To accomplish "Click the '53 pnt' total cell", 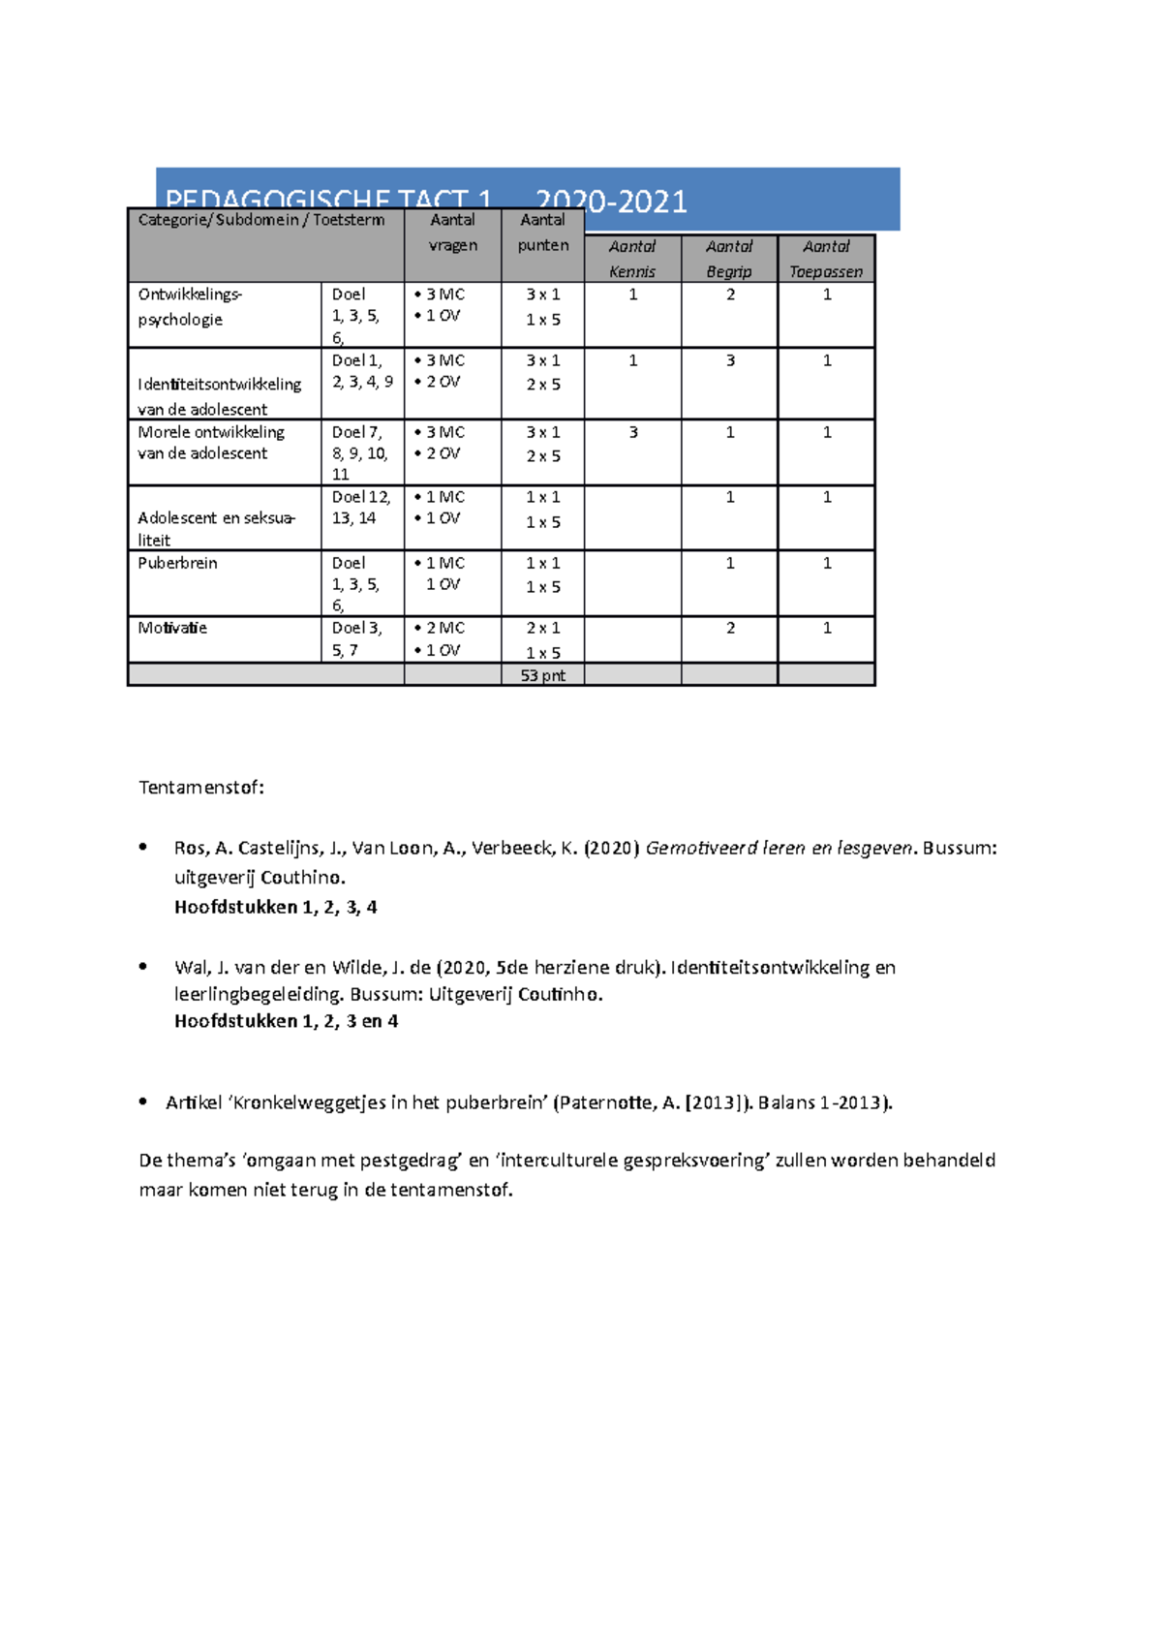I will (542, 675).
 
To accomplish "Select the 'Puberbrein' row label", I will (177, 563).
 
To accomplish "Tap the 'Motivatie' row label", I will (172, 628).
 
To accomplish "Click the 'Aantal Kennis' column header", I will (632, 259).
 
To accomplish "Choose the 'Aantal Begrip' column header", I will (729, 259).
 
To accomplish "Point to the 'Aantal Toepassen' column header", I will (826, 259).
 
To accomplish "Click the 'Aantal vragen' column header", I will (452, 233).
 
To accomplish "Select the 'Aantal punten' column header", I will (542, 233).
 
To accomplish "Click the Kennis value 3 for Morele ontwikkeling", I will (633, 432).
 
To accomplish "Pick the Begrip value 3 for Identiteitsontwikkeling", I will (730, 360).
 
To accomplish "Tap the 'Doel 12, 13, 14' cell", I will (361, 508).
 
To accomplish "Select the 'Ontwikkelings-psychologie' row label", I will (190, 306).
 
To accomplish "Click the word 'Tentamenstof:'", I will (201, 787).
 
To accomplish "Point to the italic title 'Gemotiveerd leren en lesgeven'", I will (779, 848).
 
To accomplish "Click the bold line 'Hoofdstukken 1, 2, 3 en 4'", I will (286, 1020).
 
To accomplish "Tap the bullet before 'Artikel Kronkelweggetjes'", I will (143, 1101).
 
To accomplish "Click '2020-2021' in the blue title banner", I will (611, 201).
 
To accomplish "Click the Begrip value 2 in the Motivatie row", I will (730, 628).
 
